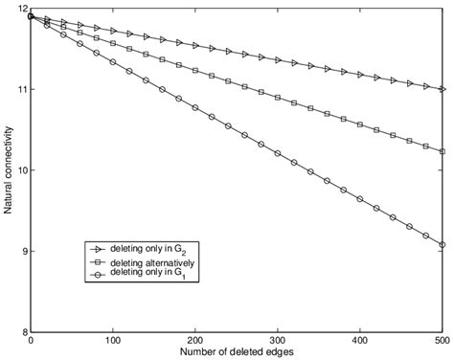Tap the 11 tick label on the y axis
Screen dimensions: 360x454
[x=22, y=89]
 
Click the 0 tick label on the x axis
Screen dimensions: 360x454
[x=32, y=340]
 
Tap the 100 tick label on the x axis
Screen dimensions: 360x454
[x=113, y=340]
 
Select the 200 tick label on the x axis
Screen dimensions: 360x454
[x=195, y=340]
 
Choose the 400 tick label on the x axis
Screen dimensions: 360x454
[x=360, y=340]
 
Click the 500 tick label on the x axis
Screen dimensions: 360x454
[x=441, y=340]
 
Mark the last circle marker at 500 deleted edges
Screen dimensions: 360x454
[x=442, y=245]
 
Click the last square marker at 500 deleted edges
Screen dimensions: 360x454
[x=442, y=151]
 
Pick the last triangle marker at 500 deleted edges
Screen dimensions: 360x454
[x=442, y=89]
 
